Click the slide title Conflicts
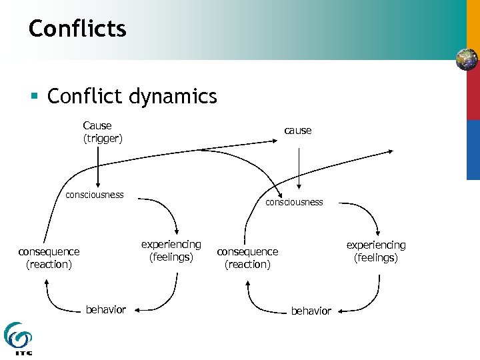77,29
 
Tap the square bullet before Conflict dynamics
33,97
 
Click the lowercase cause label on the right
297,131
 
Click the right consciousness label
294,201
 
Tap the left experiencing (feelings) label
171,251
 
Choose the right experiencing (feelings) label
375,251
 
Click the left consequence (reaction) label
49,258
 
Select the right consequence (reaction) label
247,258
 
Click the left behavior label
105,309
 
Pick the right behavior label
311,311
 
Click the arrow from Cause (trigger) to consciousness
98,167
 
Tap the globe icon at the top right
467,60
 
